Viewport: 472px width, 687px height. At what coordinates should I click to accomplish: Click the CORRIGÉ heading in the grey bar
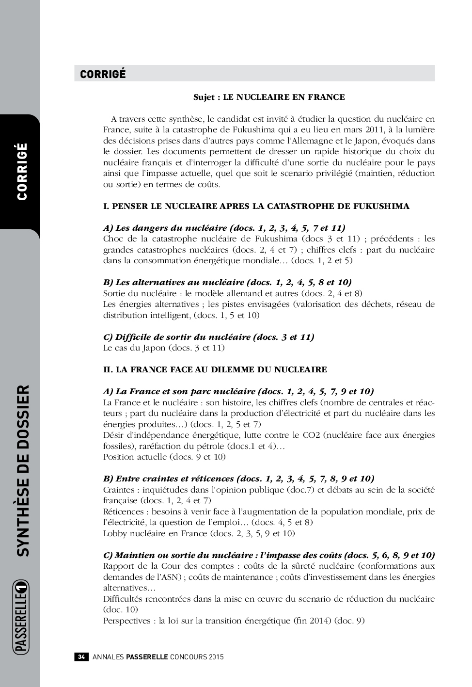click(103, 74)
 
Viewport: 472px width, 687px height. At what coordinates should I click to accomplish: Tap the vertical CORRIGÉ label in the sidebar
click(22, 171)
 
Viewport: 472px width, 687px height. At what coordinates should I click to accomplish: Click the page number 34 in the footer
click(81, 657)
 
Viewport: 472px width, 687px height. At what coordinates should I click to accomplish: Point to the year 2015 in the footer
click(216, 657)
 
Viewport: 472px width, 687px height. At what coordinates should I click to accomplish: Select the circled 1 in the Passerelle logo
click(22, 591)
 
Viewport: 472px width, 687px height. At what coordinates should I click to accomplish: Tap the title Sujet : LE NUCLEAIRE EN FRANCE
click(269, 97)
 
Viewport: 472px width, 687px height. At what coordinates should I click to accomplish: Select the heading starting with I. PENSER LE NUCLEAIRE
click(256, 206)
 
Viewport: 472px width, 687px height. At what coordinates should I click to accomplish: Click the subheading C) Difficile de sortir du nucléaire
click(208, 337)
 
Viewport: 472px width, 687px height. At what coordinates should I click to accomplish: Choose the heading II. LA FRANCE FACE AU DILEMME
click(215, 369)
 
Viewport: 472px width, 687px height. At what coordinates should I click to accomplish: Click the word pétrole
click(210, 446)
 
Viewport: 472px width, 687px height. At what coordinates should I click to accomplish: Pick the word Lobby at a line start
click(114, 533)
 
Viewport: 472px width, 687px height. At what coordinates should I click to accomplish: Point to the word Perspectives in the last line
click(127, 621)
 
